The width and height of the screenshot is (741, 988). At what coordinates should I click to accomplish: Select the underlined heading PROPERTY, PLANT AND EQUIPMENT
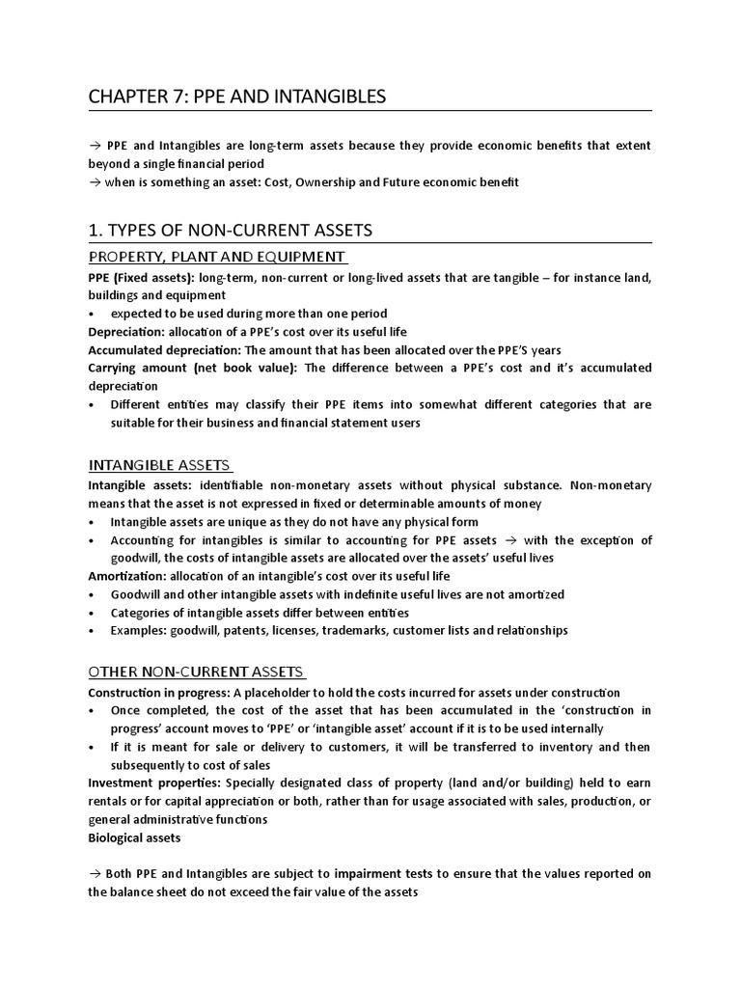point(216,257)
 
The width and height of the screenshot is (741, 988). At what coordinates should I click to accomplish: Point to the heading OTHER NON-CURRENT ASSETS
point(196,672)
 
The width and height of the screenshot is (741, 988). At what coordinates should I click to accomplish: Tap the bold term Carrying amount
point(138,368)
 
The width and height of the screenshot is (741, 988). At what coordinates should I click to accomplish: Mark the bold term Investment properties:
point(147,783)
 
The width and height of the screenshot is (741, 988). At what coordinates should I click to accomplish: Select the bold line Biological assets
point(134,837)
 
